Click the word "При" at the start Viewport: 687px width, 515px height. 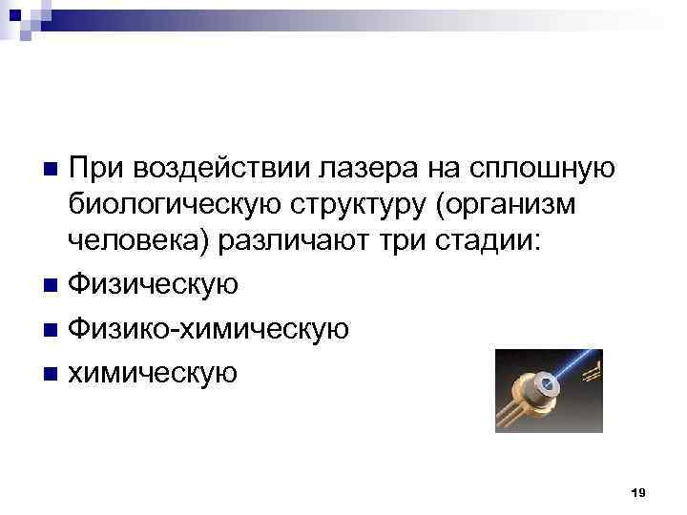click(x=96, y=168)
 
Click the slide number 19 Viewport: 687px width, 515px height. click(x=638, y=491)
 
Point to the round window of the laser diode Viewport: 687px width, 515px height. click(x=548, y=387)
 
